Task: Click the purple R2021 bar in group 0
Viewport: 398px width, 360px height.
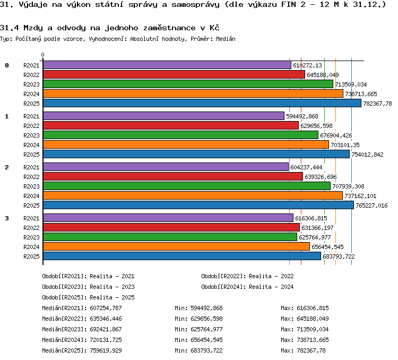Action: click(x=167, y=65)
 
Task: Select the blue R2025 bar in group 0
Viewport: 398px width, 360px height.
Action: click(x=202, y=103)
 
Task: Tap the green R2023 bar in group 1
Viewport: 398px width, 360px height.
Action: click(x=180, y=135)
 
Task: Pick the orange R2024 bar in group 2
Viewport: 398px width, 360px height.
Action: click(x=193, y=195)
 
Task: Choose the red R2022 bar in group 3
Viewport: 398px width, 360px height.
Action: click(x=171, y=227)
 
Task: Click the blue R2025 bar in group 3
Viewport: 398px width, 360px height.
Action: click(x=182, y=256)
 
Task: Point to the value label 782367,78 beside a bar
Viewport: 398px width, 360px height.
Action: click(x=377, y=104)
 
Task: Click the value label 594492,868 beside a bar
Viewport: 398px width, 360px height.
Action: click(x=302, y=116)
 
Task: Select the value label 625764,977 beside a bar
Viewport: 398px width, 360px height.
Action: click(x=315, y=237)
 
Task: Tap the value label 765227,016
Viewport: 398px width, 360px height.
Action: click(x=371, y=205)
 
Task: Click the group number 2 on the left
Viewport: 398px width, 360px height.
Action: click(x=7, y=167)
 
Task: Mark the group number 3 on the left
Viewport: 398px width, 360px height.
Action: click(x=7, y=218)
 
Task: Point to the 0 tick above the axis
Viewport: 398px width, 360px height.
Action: click(x=42, y=55)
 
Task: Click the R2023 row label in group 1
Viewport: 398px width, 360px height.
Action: click(x=31, y=135)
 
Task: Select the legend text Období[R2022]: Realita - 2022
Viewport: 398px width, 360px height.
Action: click(x=247, y=276)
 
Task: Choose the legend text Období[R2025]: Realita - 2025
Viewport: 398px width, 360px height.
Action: click(x=88, y=297)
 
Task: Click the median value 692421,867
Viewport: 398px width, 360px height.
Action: click(x=106, y=329)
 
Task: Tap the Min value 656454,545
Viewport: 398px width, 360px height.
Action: click(x=206, y=340)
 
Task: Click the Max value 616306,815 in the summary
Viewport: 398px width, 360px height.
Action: click(x=313, y=308)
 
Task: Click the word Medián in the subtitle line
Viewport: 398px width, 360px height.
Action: click(x=226, y=39)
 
